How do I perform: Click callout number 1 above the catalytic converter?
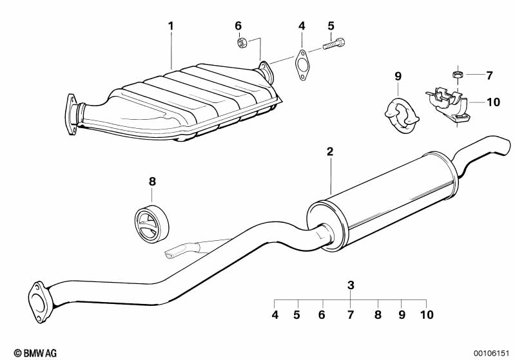[x=170, y=26]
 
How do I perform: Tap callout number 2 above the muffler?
[x=330, y=151]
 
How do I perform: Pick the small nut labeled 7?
[x=456, y=74]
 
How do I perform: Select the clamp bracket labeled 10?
[x=448, y=105]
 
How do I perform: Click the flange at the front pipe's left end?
[x=41, y=302]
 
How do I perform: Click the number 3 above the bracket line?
[x=351, y=285]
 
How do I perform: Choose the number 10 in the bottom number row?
[x=427, y=315]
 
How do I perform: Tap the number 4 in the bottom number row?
[x=275, y=315]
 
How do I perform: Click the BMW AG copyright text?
[x=35, y=353]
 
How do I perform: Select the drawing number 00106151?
[x=491, y=353]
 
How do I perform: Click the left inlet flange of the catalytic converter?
[x=72, y=114]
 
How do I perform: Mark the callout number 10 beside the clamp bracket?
[x=492, y=102]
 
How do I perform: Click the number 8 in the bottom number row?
[x=378, y=315]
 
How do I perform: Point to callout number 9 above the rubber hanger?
[x=398, y=77]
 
